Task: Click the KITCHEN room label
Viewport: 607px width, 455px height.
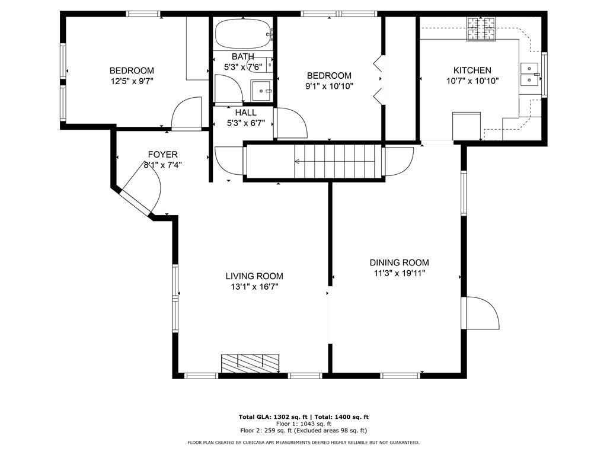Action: click(472, 71)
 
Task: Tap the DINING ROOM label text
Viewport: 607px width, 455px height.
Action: click(399, 262)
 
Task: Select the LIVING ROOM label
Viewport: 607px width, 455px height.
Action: click(254, 276)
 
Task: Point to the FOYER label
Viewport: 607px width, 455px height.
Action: click(162, 155)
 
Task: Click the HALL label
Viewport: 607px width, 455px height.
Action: click(246, 113)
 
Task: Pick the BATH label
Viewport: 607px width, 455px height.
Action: click(243, 57)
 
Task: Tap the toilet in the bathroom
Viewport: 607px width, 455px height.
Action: click(260, 65)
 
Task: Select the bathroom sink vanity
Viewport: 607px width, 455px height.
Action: click(261, 91)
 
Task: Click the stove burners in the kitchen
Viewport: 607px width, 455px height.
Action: click(481, 29)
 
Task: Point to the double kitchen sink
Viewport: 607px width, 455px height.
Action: click(530, 74)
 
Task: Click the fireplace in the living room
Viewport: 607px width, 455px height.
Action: click(250, 364)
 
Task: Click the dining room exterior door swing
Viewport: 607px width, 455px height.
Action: click(482, 313)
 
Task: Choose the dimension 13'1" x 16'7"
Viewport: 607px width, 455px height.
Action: click(254, 287)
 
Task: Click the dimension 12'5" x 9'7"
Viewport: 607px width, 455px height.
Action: click(132, 81)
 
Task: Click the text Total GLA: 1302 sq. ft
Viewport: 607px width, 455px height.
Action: click(273, 416)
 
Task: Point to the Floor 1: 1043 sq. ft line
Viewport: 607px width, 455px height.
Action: click(303, 424)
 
